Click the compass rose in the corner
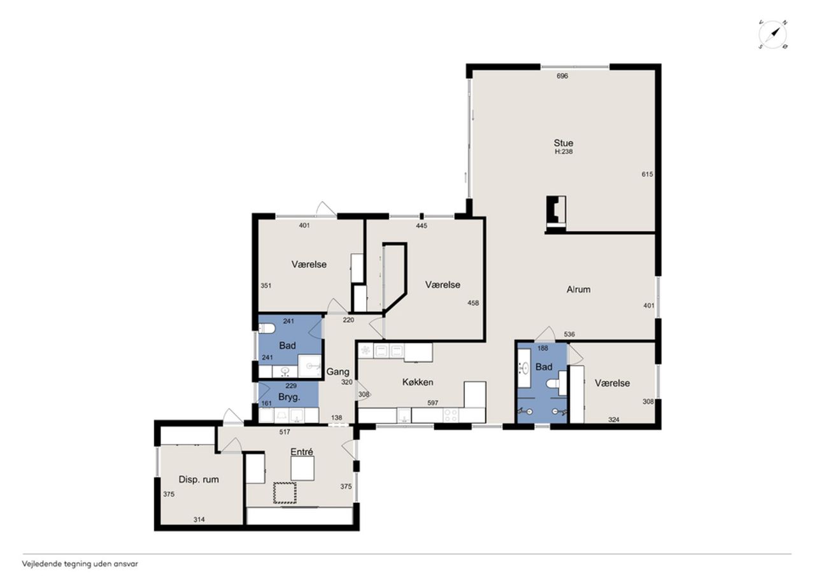point(772,35)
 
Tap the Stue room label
point(563,143)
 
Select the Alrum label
point(578,290)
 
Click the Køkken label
point(418,382)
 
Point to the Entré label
point(302,452)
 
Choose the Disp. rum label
point(199,480)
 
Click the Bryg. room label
point(289,397)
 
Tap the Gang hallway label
point(337,372)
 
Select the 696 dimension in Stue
point(562,76)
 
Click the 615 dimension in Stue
point(648,174)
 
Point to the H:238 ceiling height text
point(563,151)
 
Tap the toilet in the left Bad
point(267,328)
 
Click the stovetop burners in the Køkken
point(451,416)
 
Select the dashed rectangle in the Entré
point(285,493)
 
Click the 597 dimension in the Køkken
point(432,403)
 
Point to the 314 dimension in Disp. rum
point(199,519)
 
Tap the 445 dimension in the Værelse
point(422,226)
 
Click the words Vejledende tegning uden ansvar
point(80,564)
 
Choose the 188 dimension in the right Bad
point(542,348)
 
